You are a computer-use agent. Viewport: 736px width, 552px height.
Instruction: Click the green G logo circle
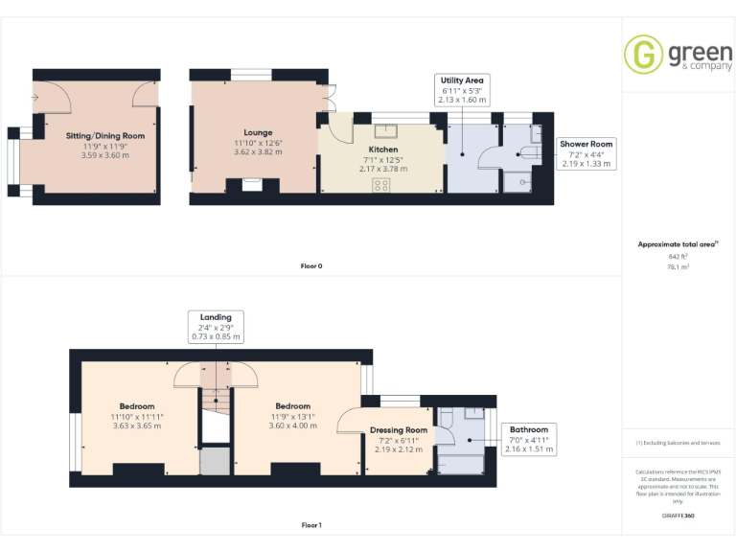click(x=643, y=54)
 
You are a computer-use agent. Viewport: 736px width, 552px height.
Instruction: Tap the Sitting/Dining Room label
click(x=105, y=136)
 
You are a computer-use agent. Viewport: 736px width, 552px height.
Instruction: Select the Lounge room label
click(x=258, y=133)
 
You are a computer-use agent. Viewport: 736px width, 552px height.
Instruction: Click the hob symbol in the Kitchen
click(x=381, y=185)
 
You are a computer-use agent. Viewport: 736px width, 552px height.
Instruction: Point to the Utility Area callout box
click(x=462, y=89)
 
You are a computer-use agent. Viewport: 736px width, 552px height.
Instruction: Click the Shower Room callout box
click(x=586, y=153)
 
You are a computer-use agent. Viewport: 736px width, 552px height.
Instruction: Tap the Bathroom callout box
click(x=529, y=439)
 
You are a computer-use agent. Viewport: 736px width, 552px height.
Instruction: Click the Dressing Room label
click(x=399, y=430)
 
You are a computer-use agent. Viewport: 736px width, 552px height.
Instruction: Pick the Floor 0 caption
click(x=311, y=265)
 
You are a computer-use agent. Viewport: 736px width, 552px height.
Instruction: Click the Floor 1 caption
click(x=311, y=525)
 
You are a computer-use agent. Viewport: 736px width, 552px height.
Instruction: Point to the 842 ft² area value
click(x=678, y=257)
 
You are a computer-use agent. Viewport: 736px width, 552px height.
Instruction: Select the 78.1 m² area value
click(x=678, y=267)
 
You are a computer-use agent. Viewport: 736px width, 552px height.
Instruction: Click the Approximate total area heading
click(x=678, y=244)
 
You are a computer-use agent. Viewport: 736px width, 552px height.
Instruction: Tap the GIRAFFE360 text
click(x=678, y=516)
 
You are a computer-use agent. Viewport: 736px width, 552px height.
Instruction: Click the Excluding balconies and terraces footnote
click(x=678, y=443)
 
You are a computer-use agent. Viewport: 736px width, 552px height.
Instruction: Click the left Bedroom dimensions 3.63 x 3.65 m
click(x=137, y=425)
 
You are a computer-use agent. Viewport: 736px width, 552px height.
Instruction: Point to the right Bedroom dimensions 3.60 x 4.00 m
click(x=292, y=425)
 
